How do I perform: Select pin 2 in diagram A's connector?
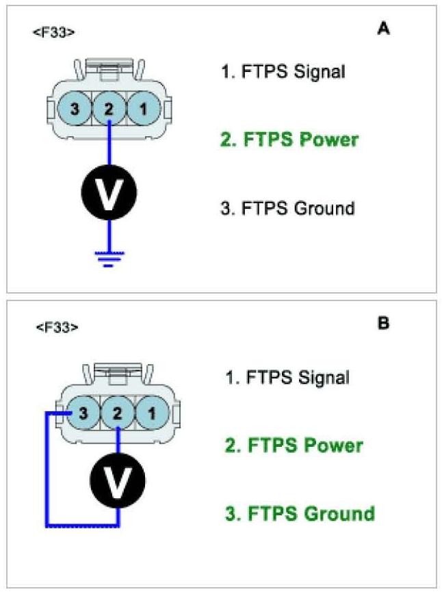pyautogui.click(x=109, y=108)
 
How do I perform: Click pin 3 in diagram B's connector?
pyautogui.click(x=83, y=413)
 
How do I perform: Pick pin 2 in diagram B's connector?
pyautogui.click(x=118, y=413)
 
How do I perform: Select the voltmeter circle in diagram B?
pyautogui.click(x=118, y=478)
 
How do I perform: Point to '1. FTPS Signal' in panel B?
pyautogui.click(x=288, y=376)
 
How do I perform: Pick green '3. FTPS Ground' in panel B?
pyautogui.click(x=300, y=513)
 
